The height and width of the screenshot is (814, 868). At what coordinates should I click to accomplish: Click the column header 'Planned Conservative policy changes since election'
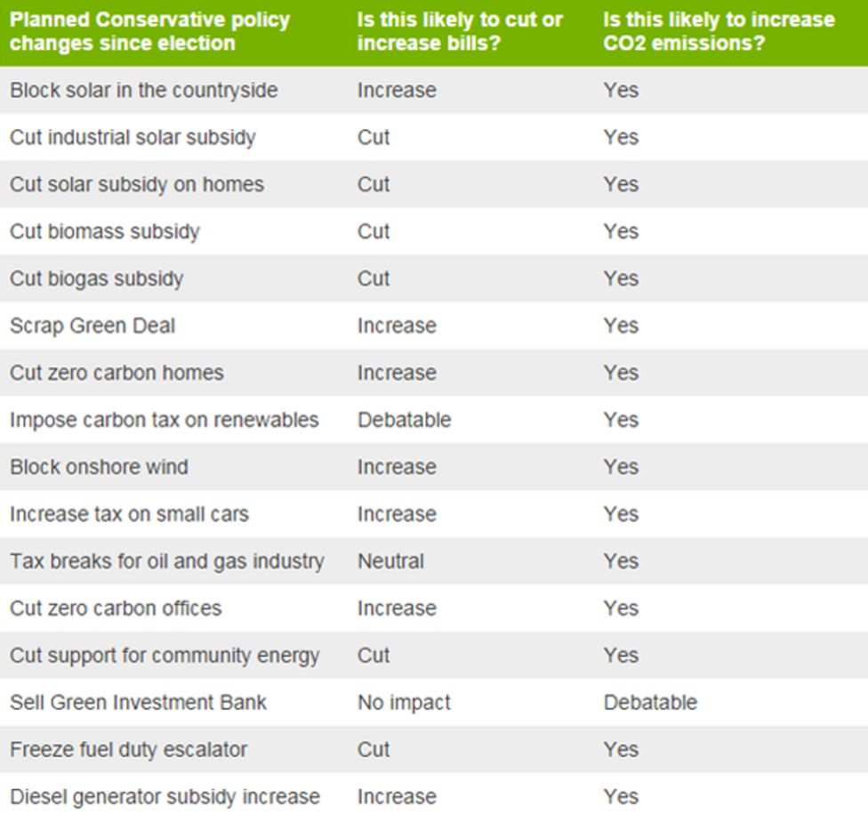149,31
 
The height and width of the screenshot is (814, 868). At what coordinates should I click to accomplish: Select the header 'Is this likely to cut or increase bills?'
459,31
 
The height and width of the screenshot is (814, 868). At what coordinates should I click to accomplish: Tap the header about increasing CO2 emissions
719,31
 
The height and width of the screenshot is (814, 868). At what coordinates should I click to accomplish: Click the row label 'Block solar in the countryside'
143,91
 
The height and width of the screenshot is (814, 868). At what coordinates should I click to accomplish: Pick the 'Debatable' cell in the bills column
404,420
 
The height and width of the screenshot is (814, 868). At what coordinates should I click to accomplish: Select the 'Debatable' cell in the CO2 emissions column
650,703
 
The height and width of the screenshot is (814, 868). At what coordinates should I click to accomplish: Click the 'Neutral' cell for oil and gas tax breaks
390,561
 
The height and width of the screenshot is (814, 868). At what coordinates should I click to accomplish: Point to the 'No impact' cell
404,703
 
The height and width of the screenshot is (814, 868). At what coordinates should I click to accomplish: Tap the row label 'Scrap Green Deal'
92,326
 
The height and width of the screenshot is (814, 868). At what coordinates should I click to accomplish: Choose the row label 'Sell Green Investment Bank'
138,703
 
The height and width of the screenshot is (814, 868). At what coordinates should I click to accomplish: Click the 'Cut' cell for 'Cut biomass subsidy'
374,231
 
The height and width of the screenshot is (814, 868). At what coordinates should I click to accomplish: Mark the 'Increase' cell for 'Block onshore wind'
397,467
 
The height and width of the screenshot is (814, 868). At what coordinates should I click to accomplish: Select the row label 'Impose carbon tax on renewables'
164,420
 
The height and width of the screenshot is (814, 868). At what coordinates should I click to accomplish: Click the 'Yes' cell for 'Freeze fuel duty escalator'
621,750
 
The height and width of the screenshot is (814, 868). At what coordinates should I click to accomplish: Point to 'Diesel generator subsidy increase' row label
165,797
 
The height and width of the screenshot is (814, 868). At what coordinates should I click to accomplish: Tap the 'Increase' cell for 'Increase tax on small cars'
397,514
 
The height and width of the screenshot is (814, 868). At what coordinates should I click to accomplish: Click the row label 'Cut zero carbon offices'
116,608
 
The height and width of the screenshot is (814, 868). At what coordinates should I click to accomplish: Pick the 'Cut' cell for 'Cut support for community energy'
374,656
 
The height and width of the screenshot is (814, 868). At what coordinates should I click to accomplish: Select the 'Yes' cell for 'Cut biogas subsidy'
621,278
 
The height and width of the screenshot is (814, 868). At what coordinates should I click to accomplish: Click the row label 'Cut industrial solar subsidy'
133,138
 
